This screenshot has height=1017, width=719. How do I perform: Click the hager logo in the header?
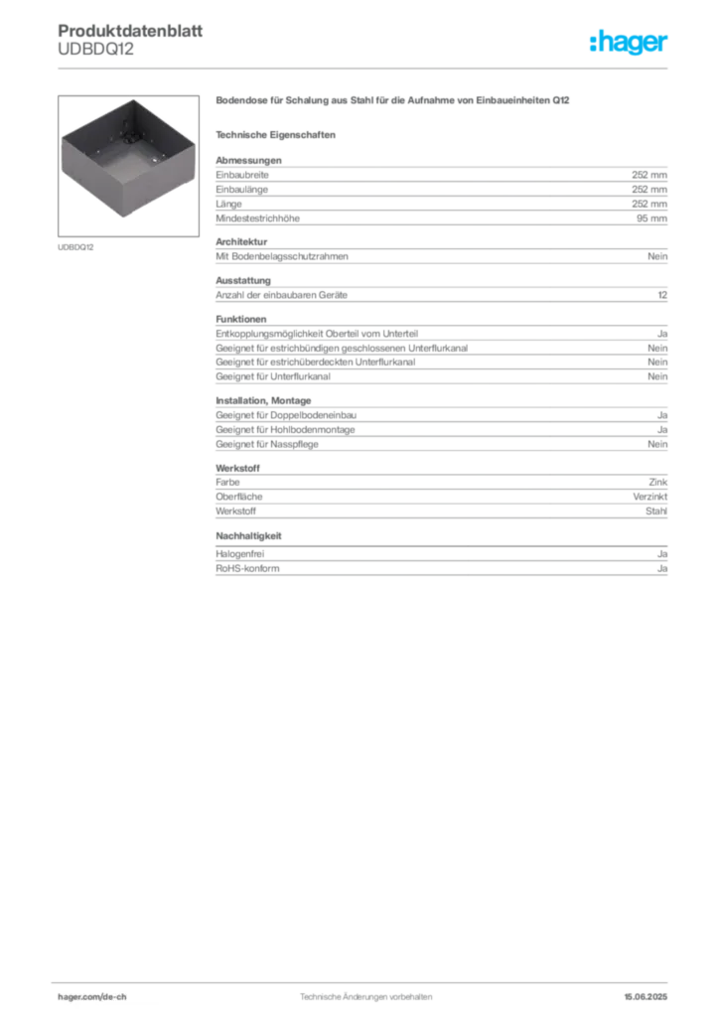(x=629, y=42)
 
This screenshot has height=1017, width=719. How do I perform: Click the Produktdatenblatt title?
(x=130, y=31)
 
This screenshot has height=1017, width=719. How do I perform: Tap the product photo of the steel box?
(x=128, y=166)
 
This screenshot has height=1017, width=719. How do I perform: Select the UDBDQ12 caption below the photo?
(x=75, y=247)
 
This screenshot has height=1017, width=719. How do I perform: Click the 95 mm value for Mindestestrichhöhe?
(x=651, y=218)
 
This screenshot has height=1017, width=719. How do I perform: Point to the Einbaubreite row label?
(x=242, y=175)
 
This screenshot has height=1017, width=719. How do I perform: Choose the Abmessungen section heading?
(x=248, y=160)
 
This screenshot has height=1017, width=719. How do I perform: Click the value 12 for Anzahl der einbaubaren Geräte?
(x=662, y=295)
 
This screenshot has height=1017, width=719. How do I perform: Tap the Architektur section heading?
(x=241, y=242)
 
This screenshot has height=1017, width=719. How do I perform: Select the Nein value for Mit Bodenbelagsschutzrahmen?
(x=657, y=256)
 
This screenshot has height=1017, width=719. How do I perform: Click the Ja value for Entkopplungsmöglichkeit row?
(x=662, y=334)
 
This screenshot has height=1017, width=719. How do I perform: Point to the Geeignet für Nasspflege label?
(x=267, y=444)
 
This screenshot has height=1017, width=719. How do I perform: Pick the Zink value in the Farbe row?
(x=658, y=482)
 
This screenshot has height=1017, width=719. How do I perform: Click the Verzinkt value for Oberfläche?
(x=650, y=497)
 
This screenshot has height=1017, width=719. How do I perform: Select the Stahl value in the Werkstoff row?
(x=656, y=511)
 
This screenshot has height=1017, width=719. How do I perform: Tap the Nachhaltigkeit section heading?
(x=248, y=536)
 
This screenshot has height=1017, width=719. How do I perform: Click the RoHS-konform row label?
(x=247, y=569)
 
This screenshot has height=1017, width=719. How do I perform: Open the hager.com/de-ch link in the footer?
(x=92, y=997)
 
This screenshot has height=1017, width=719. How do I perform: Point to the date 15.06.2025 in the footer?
(x=646, y=997)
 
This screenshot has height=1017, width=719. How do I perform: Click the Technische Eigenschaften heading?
(x=275, y=135)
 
